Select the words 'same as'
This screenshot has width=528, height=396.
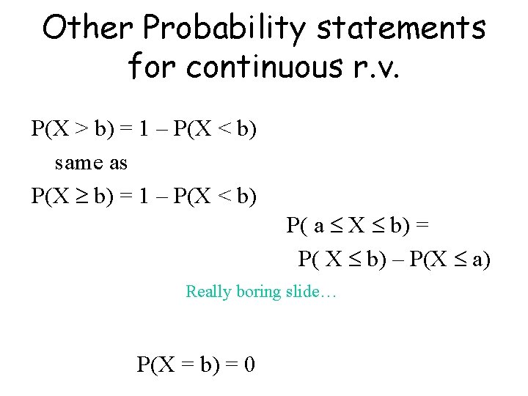pyautogui.click(x=91, y=163)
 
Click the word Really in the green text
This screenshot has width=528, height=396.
pyautogui.click(x=209, y=292)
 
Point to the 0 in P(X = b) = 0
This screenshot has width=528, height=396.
pyautogui.click(x=249, y=364)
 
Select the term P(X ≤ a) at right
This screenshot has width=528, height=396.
pyautogui.click(x=449, y=259)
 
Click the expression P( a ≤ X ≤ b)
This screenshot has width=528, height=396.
pyautogui.click(x=348, y=226)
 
